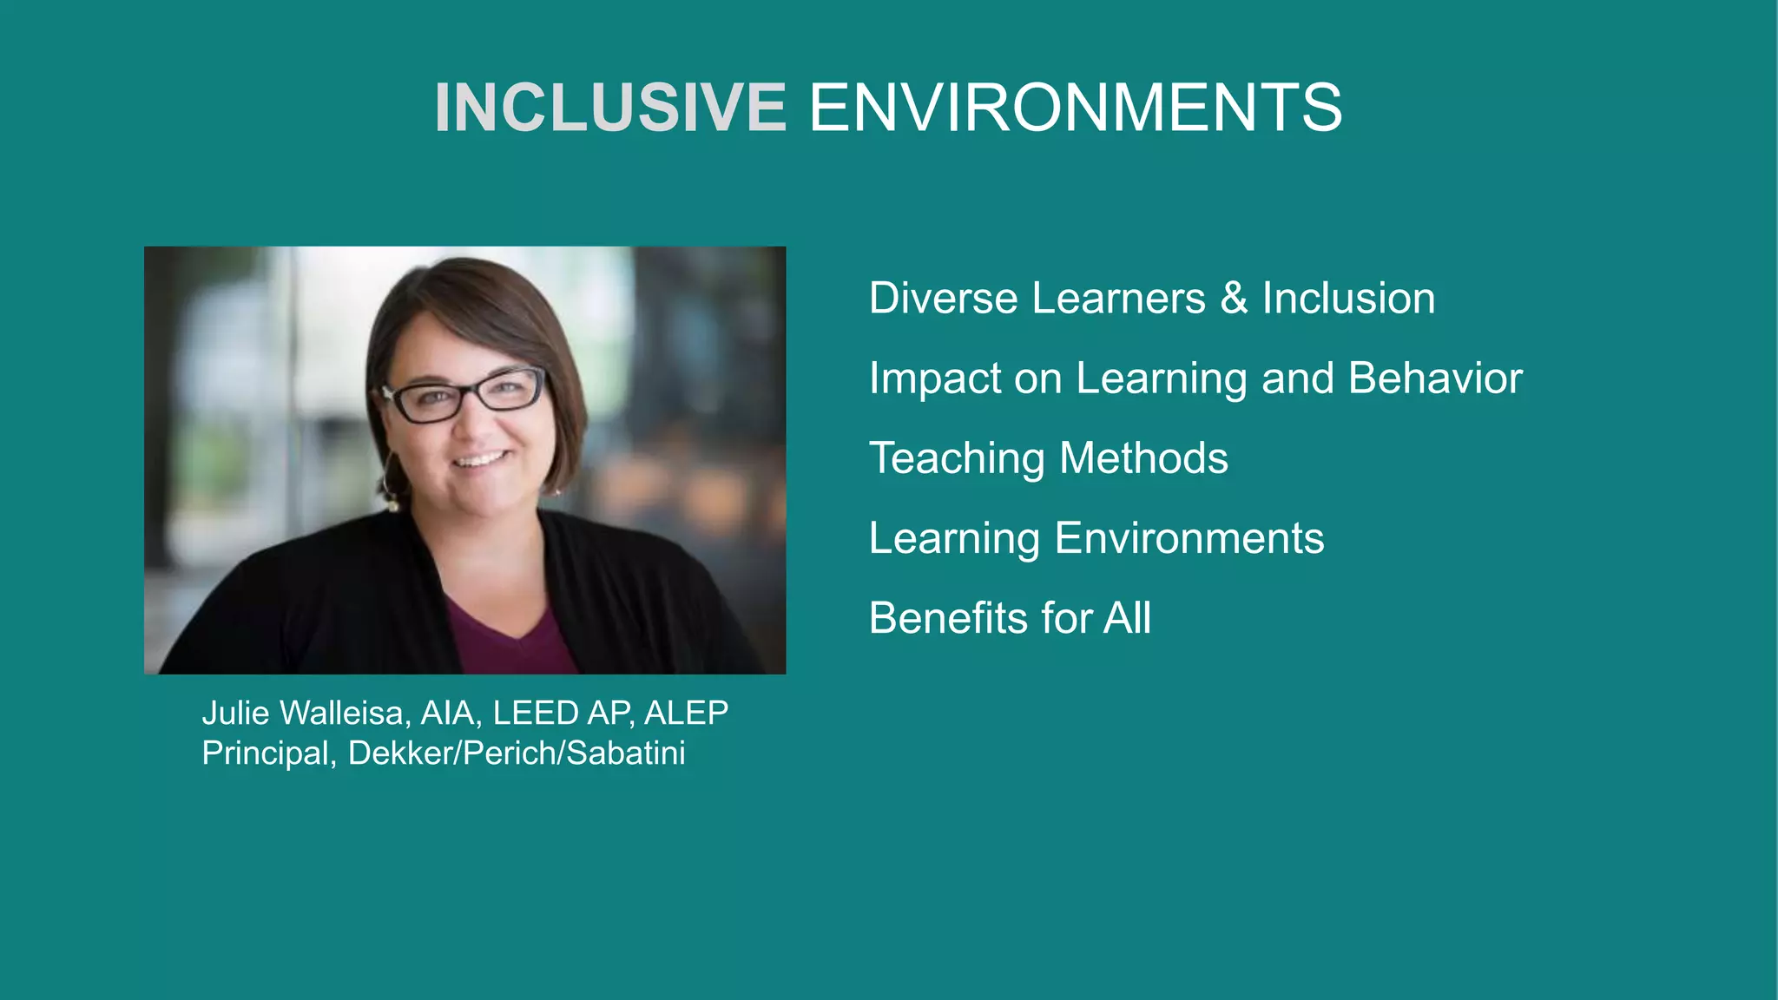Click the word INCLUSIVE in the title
click(610, 108)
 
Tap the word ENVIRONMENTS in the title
click(1075, 108)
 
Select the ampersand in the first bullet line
click(1234, 298)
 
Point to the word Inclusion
click(1348, 298)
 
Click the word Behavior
click(1435, 378)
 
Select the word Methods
click(1143, 457)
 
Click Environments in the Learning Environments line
click(1189, 538)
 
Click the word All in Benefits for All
click(1127, 618)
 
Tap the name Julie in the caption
click(235, 713)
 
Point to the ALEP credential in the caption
click(686, 713)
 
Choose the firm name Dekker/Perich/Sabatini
click(517, 753)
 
